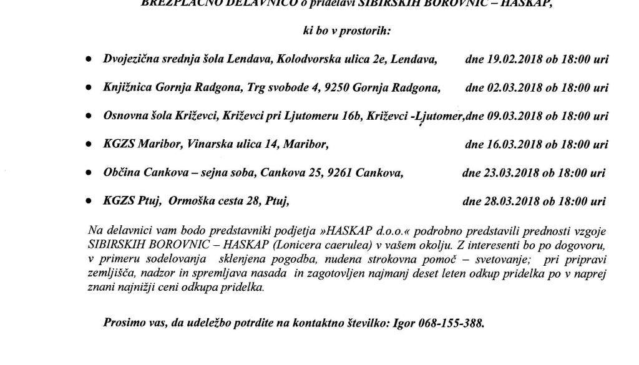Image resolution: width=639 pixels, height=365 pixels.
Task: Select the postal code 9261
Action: pos(339,173)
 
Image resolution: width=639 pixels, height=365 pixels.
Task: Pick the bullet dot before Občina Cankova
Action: pos(90,173)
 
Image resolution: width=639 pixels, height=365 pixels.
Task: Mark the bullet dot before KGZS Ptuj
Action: pos(90,202)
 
